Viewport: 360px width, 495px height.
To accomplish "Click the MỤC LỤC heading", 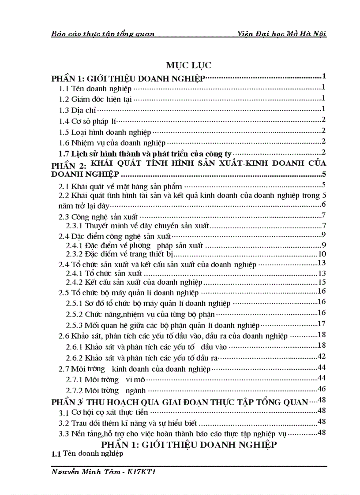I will coord(189,65).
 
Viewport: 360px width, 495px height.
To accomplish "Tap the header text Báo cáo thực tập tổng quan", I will coord(103,34).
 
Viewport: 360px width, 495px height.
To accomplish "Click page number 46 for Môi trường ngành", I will coord(322,389).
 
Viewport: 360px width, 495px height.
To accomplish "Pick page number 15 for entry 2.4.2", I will coord(322,282).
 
